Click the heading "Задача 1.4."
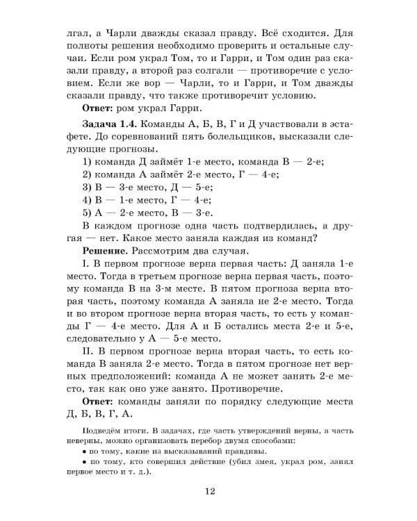click(x=111, y=122)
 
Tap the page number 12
click(x=211, y=493)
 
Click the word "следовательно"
click(x=108, y=339)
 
